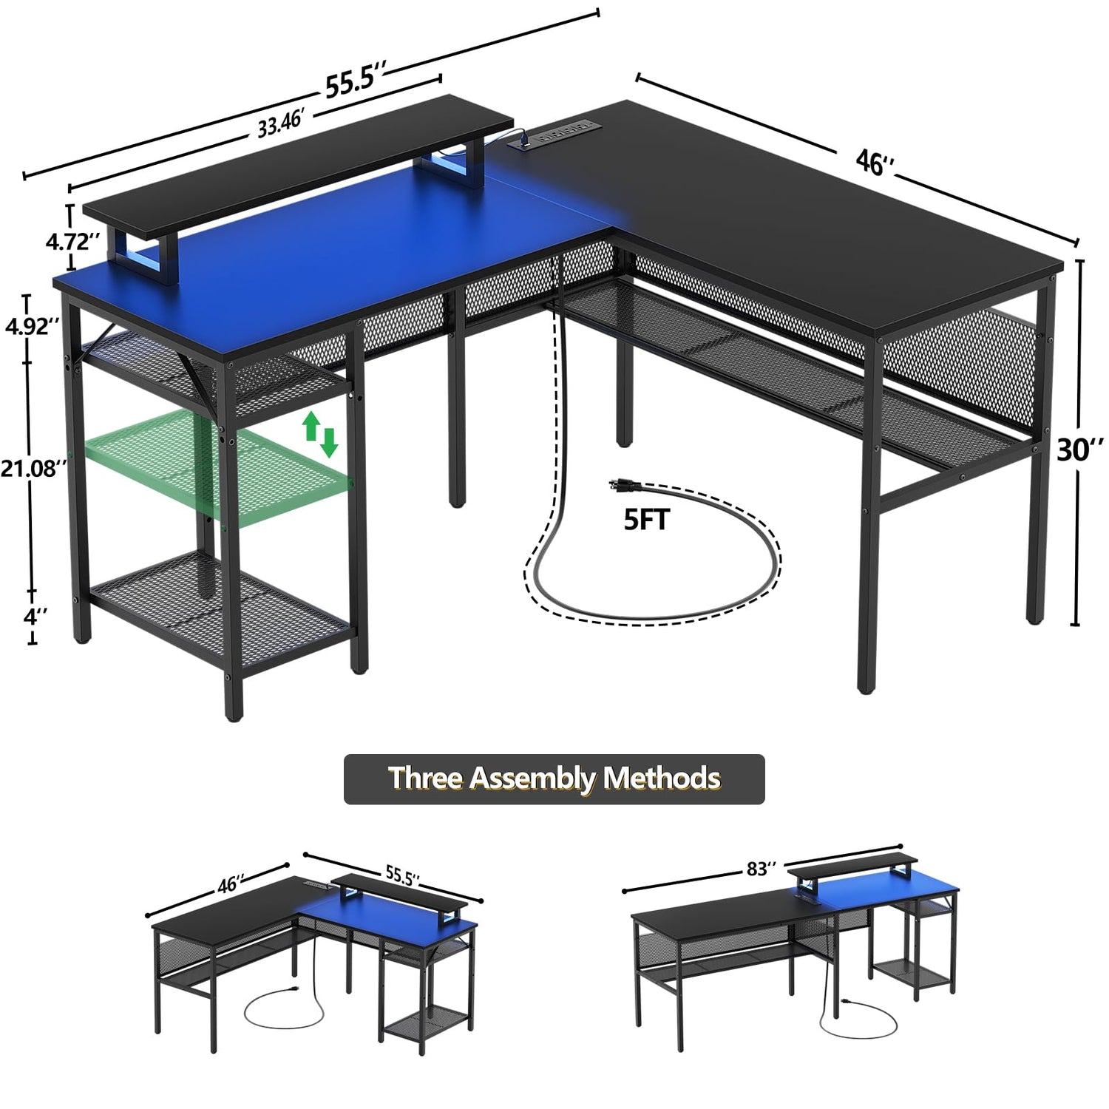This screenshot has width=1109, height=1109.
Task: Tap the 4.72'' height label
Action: pos(72,242)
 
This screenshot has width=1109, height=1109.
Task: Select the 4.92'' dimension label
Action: pos(32,326)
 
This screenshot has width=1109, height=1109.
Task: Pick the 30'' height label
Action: pos(1080,447)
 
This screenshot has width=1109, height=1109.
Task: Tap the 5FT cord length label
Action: pos(646,520)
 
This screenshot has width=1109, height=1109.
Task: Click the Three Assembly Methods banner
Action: pos(554,779)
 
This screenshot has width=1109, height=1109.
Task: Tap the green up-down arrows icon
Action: pos(319,434)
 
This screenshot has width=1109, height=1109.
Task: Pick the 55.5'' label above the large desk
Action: pos(356,80)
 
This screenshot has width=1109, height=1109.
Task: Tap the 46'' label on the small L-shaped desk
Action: pos(231,884)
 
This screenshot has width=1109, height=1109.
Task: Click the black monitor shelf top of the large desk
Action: pos(299,160)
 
